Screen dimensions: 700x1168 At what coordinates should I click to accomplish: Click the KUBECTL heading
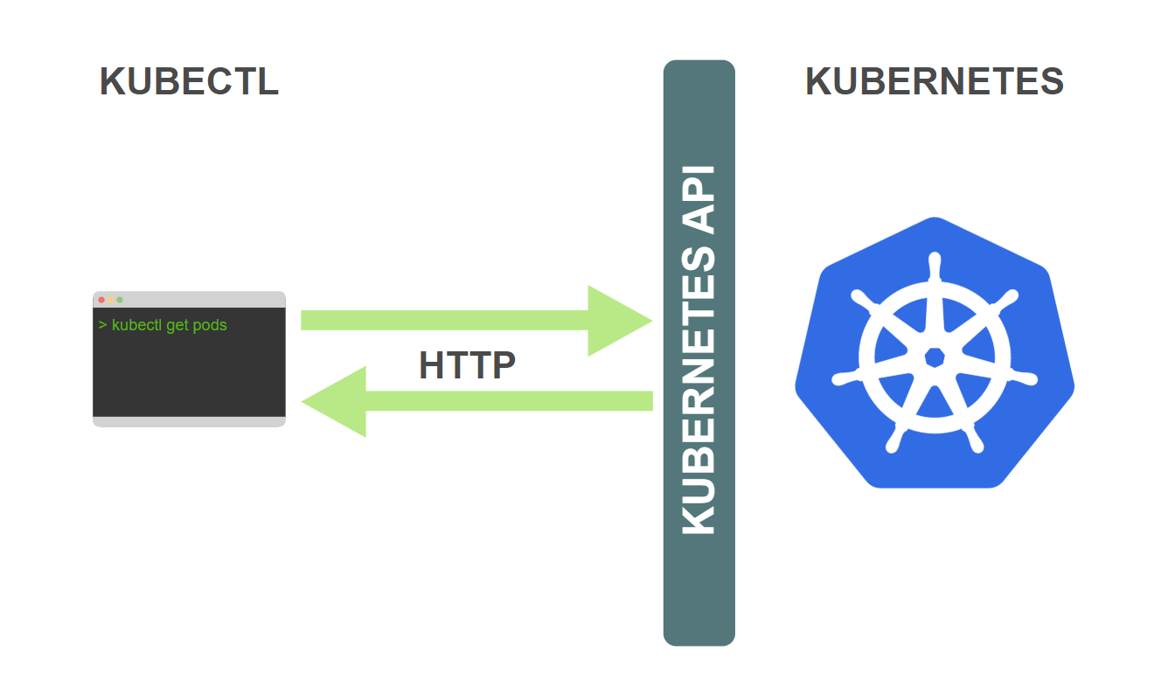189,81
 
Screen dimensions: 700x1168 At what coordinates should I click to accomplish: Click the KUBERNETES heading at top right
934,81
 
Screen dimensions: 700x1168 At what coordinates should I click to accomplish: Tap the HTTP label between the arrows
467,365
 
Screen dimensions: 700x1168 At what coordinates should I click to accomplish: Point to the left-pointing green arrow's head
336,401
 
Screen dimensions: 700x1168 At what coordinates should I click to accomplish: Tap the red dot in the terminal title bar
101,300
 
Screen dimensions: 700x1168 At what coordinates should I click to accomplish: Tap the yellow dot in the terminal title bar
111,300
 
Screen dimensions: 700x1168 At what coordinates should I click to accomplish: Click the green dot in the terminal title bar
120,300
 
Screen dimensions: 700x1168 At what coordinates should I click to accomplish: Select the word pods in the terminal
210,326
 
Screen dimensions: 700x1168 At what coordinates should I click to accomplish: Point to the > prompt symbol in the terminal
103,325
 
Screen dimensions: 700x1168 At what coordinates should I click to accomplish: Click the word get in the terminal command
177,326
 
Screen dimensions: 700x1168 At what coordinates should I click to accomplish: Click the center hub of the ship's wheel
934,357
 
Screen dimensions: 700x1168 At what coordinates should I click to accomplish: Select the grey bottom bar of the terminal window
189,422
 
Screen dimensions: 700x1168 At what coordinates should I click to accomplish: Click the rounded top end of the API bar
699,70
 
